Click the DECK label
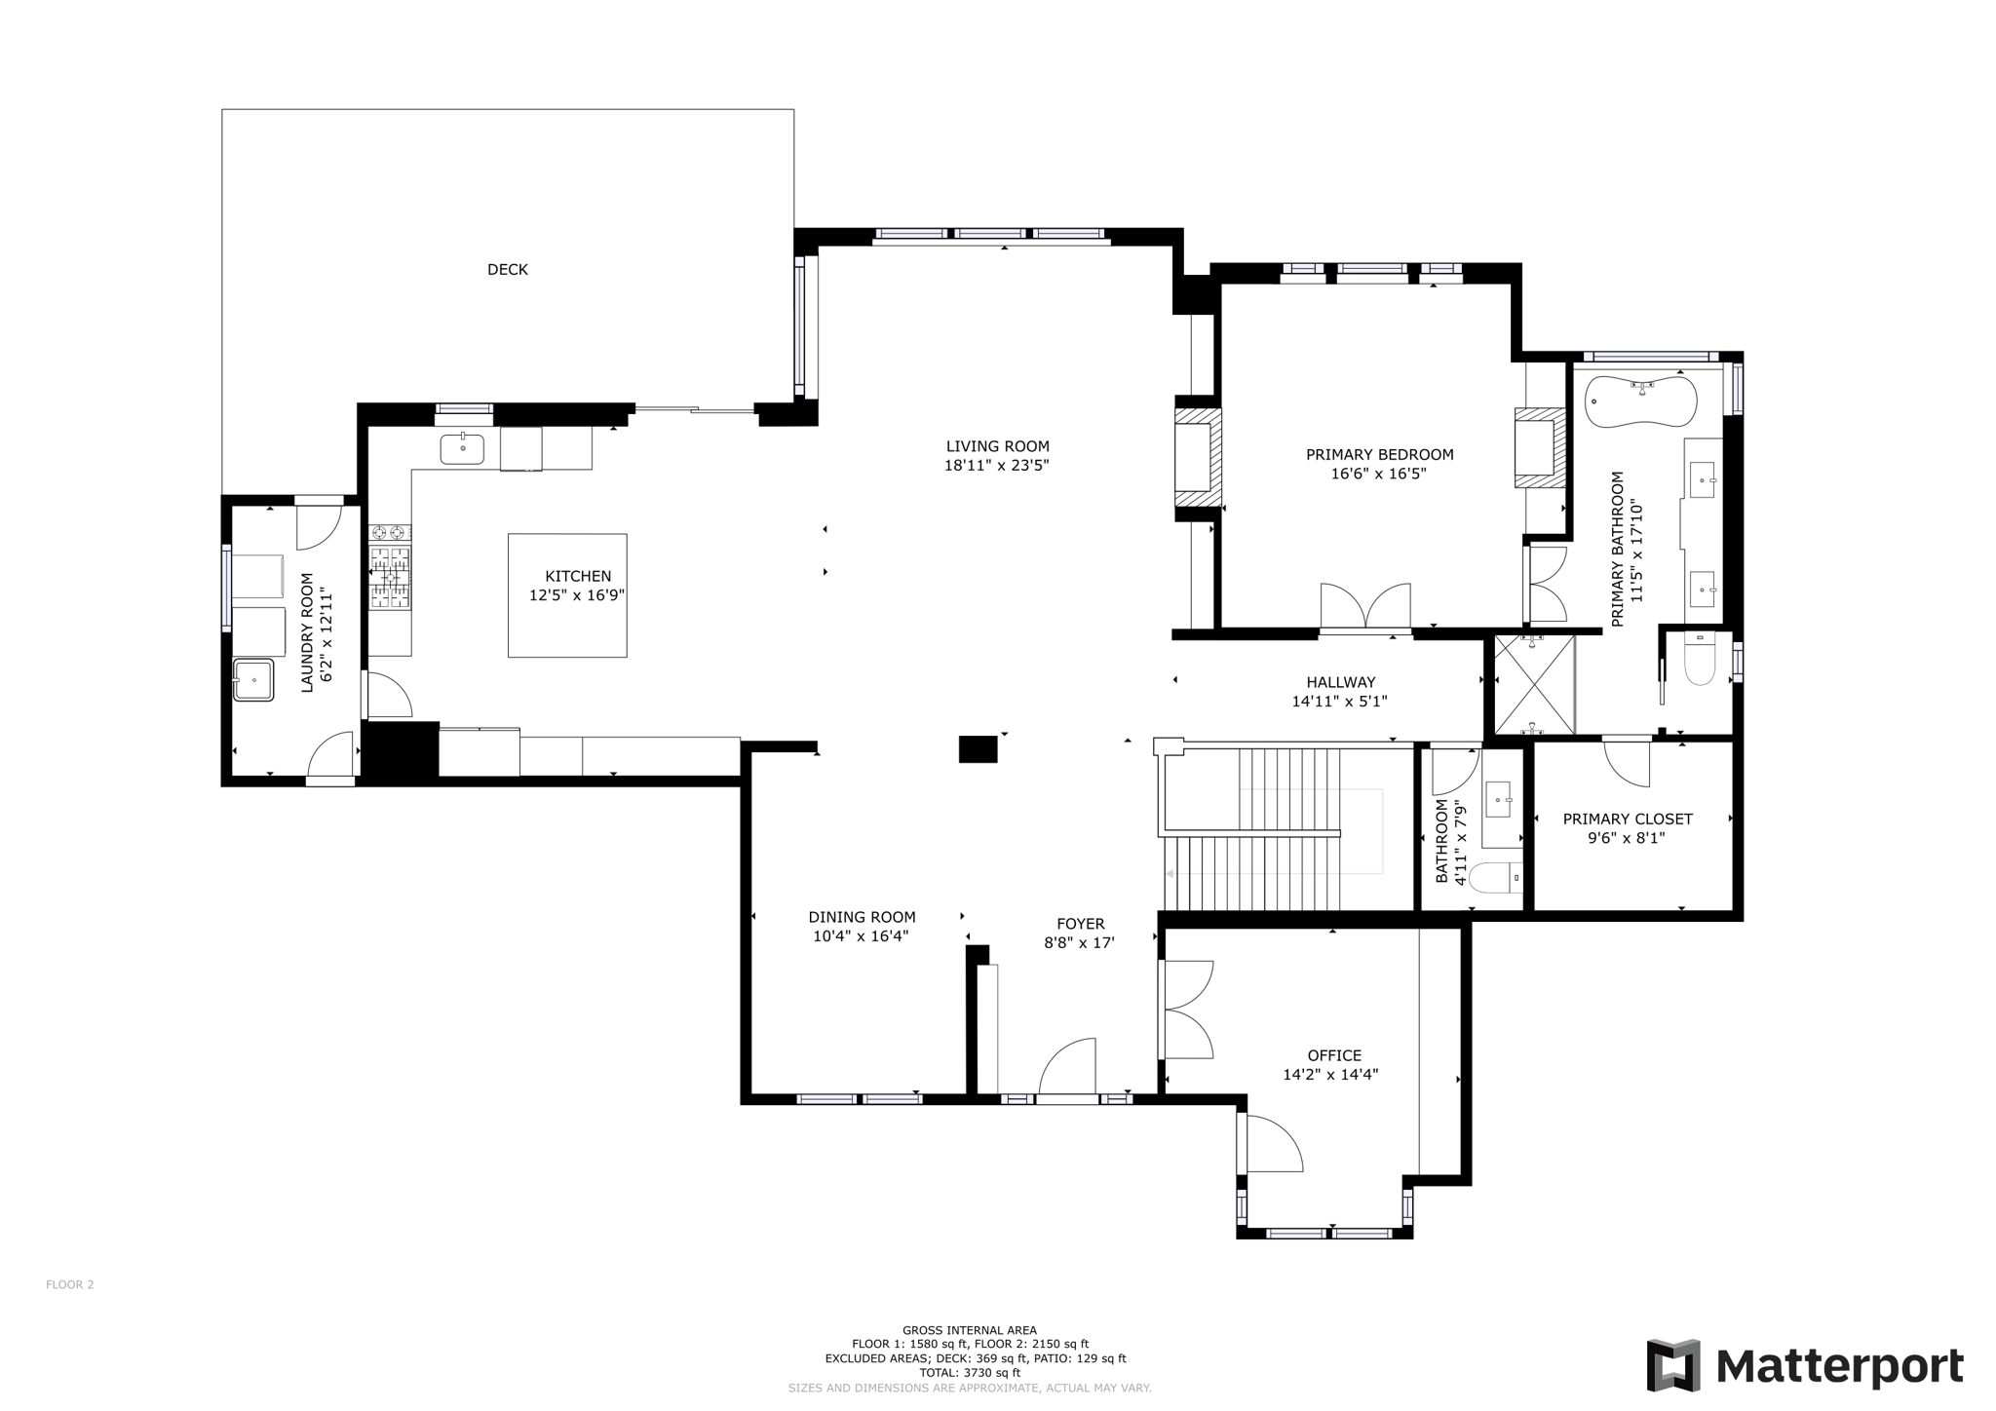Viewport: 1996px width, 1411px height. click(x=507, y=270)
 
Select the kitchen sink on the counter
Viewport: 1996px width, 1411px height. click(x=462, y=449)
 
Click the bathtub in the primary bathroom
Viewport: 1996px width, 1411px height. click(x=1640, y=401)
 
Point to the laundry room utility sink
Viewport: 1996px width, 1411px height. click(x=253, y=679)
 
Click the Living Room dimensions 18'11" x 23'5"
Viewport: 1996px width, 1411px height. click(x=996, y=466)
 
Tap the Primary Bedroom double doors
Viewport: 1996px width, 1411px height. click(x=1365, y=607)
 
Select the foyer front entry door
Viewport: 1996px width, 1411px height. click(x=1069, y=1069)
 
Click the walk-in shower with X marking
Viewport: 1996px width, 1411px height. click(x=1534, y=684)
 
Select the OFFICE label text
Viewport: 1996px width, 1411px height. click(x=1334, y=1055)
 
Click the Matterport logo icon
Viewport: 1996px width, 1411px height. click(x=1673, y=1365)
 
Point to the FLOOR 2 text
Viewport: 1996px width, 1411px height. click(x=70, y=1284)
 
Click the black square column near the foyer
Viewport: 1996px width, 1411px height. click(x=978, y=749)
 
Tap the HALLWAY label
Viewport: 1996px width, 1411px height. click(x=1341, y=682)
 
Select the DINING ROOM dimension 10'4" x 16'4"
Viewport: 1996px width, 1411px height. click(x=861, y=936)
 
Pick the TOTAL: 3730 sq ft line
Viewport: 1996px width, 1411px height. click(x=969, y=1372)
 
